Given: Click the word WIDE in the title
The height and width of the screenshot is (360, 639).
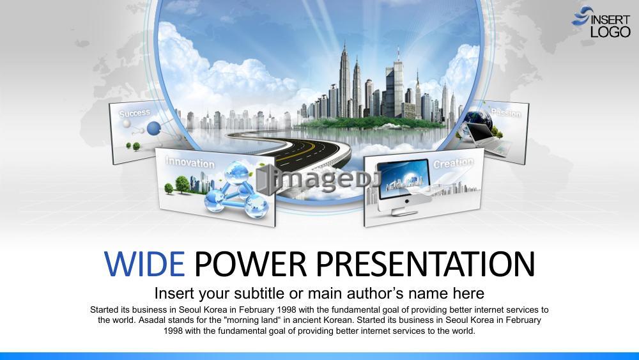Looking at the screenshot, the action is (144, 264).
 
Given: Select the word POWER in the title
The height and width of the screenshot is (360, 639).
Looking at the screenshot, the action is (250, 264).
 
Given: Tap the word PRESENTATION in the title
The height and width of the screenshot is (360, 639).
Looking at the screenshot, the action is (425, 264).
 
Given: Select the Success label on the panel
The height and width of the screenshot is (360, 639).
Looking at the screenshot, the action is (134, 113).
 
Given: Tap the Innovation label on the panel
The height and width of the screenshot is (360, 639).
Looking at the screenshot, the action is (190, 162).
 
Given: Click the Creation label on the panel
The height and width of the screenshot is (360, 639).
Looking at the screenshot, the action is (453, 163).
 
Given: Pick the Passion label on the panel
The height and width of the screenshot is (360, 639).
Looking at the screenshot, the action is (505, 112).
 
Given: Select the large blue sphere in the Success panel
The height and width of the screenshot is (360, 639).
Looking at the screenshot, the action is (153, 129).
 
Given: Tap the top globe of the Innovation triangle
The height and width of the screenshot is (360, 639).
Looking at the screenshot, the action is (238, 173).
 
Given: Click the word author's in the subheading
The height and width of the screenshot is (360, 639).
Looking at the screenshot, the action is (374, 293).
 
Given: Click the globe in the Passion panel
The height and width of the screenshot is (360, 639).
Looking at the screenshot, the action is (478, 118).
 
